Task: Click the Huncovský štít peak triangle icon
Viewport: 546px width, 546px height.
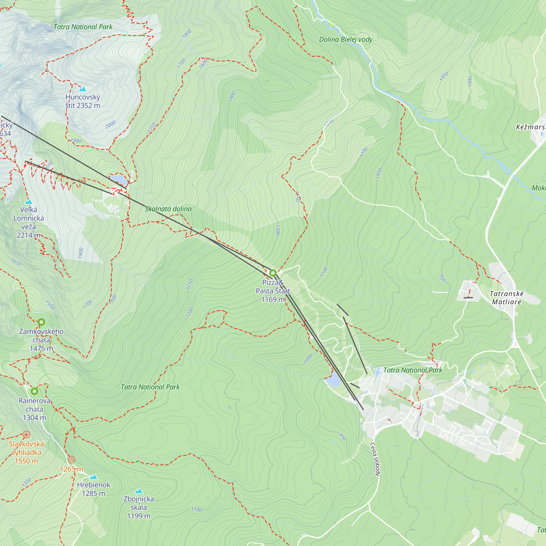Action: (x=82, y=89)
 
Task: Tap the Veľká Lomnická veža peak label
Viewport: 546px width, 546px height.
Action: (x=29, y=222)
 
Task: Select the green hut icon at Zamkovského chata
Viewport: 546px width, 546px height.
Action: (x=41, y=322)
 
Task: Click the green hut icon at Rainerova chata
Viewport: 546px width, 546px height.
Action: (x=34, y=391)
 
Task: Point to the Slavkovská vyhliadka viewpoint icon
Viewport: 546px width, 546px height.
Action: (x=26, y=435)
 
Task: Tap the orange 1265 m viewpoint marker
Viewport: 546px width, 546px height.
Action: (x=72, y=460)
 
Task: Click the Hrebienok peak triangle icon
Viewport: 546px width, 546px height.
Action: (x=94, y=477)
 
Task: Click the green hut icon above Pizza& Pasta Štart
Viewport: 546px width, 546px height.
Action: (x=273, y=273)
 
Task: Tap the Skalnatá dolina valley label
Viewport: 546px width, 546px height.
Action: (x=168, y=209)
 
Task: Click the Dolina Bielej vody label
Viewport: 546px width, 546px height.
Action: (x=346, y=40)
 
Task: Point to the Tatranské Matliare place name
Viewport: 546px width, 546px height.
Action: (x=506, y=298)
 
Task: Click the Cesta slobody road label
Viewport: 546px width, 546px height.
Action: (x=375, y=459)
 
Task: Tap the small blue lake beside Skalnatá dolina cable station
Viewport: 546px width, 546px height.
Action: (x=119, y=179)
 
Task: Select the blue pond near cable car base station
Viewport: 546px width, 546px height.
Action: (x=333, y=379)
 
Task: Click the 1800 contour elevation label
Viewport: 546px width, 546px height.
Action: (x=187, y=34)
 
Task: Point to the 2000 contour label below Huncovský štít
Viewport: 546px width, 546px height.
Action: (x=111, y=124)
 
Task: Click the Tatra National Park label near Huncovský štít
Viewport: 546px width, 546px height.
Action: (x=83, y=27)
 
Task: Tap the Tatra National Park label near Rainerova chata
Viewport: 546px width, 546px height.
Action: (x=150, y=387)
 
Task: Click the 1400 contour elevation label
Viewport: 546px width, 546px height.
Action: (x=232, y=97)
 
